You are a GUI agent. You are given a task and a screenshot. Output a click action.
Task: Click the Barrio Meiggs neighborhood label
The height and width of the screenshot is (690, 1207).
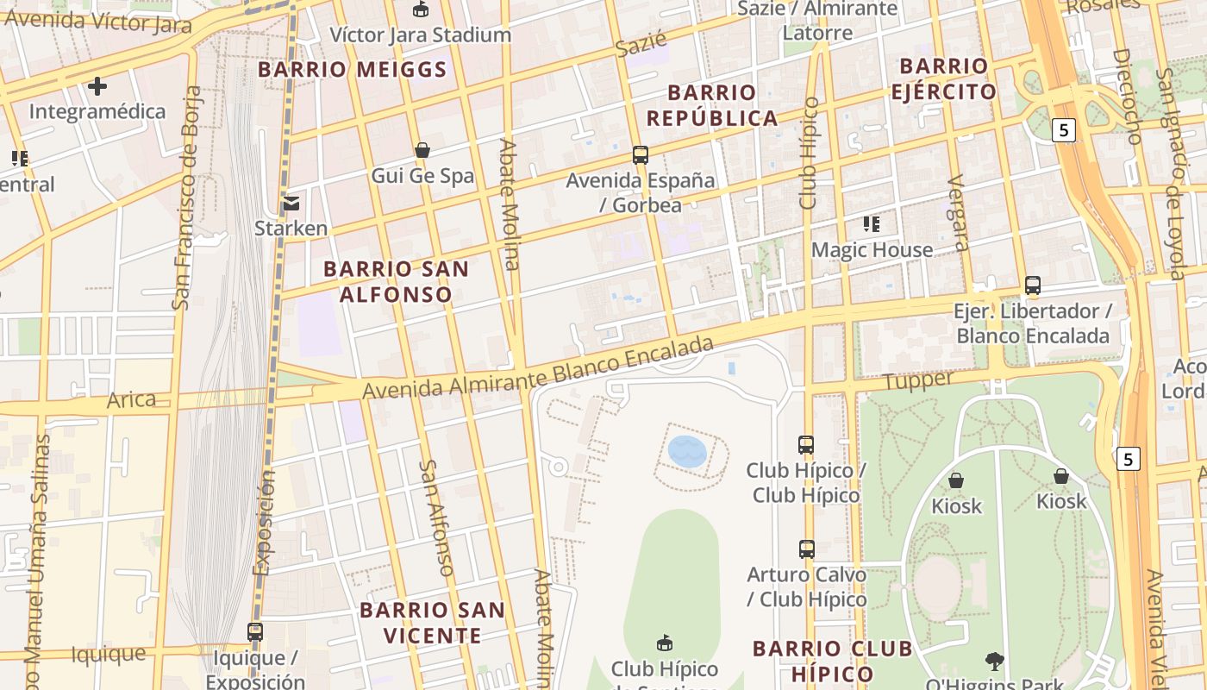tap(353, 70)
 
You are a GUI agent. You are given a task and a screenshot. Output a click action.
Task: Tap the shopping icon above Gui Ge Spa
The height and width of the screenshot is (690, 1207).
tap(422, 151)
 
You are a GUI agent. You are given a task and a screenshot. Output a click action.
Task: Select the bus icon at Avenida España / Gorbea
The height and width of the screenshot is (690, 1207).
tap(640, 155)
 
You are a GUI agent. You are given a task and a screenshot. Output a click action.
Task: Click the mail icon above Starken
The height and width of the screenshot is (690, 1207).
tap(291, 204)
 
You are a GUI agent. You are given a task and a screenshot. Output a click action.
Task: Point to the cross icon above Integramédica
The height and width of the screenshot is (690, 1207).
tap(97, 86)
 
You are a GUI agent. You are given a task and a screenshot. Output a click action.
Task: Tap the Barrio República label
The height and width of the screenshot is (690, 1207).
tap(712, 105)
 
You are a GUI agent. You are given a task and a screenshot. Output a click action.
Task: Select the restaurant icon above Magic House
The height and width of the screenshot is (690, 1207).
tap(872, 225)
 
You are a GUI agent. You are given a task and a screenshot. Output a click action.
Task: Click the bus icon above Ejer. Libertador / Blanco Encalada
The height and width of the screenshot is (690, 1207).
tap(1032, 285)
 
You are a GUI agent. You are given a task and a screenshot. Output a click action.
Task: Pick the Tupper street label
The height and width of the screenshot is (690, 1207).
tap(919, 379)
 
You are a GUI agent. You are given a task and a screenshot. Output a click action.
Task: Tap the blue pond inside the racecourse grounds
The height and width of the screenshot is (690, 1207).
tap(687, 451)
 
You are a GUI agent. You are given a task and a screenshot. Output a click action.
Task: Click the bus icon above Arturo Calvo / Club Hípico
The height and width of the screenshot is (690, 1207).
tap(806, 549)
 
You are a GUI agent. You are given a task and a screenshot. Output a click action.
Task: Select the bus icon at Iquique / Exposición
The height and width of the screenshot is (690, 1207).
tap(255, 632)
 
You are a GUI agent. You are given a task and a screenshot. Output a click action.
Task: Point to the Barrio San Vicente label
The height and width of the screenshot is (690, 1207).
tap(432, 623)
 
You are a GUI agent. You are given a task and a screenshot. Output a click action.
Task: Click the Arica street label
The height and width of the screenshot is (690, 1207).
tap(131, 400)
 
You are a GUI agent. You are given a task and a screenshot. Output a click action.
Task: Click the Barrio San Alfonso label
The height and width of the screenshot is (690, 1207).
tap(397, 281)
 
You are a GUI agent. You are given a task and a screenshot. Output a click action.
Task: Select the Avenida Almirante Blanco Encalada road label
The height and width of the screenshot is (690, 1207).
tap(538, 369)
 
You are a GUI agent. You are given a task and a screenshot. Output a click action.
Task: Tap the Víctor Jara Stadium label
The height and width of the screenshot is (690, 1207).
tap(421, 35)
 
